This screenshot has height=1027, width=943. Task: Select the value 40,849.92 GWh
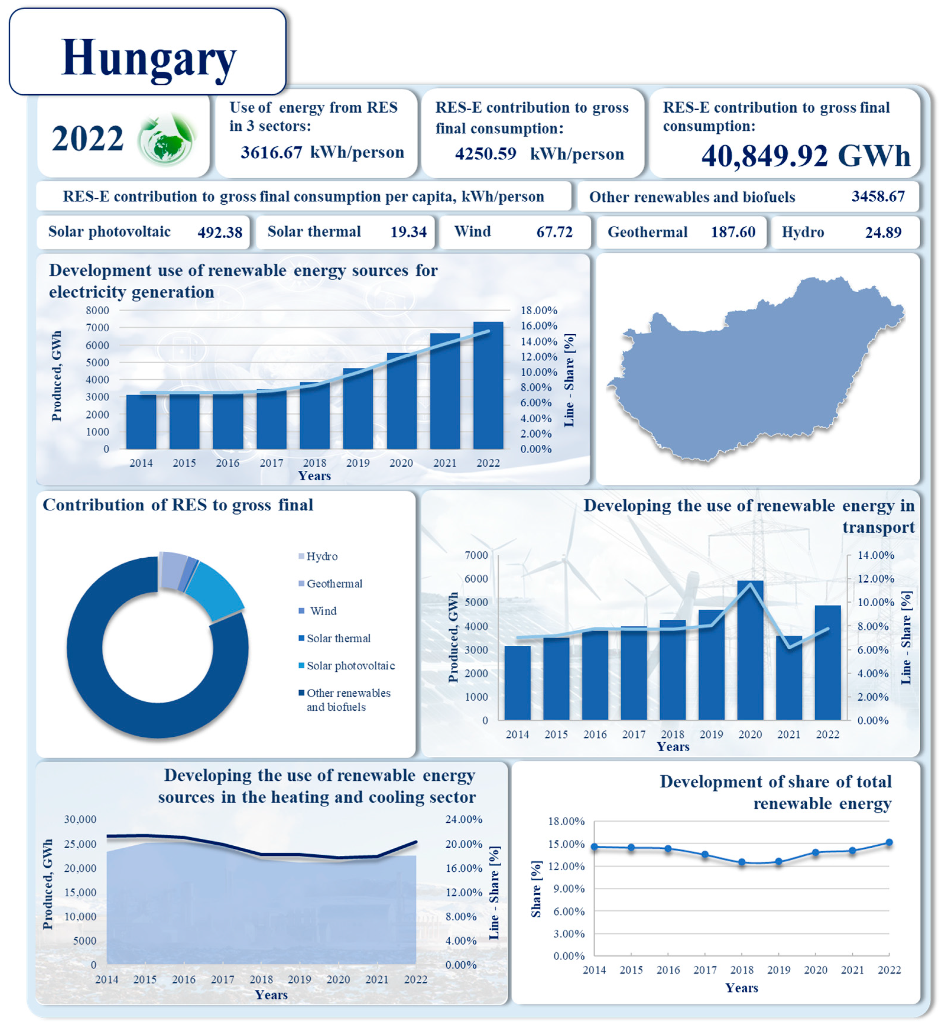pos(805,156)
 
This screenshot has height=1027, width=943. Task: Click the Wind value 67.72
pos(554,233)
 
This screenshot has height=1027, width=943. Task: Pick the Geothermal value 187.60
pos(733,233)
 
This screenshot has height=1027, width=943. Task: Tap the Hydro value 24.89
pos(883,233)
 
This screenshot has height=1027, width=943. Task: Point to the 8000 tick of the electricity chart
pos(98,310)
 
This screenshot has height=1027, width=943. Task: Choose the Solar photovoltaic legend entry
pos(350,666)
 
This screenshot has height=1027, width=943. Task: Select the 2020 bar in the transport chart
pos(750,651)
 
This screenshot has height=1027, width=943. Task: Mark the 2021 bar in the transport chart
pos(788,679)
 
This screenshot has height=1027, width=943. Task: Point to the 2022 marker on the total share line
pos(889,842)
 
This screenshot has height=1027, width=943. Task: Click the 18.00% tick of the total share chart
pos(566,821)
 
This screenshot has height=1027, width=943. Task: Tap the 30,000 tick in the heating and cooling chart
pos(80,819)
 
